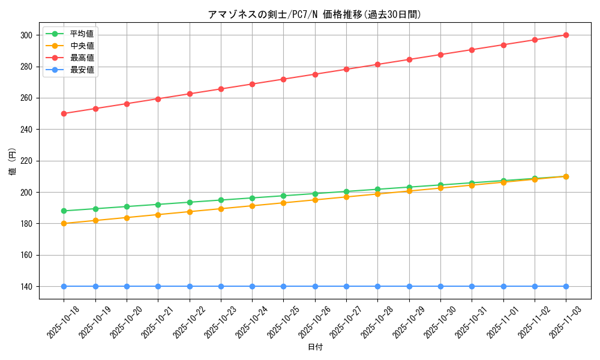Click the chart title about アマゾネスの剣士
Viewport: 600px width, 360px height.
(314, 15)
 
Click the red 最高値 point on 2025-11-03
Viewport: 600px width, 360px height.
(566, 35)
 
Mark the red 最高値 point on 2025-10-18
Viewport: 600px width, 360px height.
(64, 113)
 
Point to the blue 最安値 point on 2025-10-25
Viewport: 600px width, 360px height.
(284, 286)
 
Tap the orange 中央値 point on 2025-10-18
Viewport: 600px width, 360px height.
(64, 224)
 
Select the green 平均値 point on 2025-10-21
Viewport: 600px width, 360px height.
(158, 205)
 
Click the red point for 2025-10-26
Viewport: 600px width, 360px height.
(315, 74)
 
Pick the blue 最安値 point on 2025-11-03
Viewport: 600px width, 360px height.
(566, 286)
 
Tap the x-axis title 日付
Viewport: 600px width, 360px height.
(315, 347)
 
